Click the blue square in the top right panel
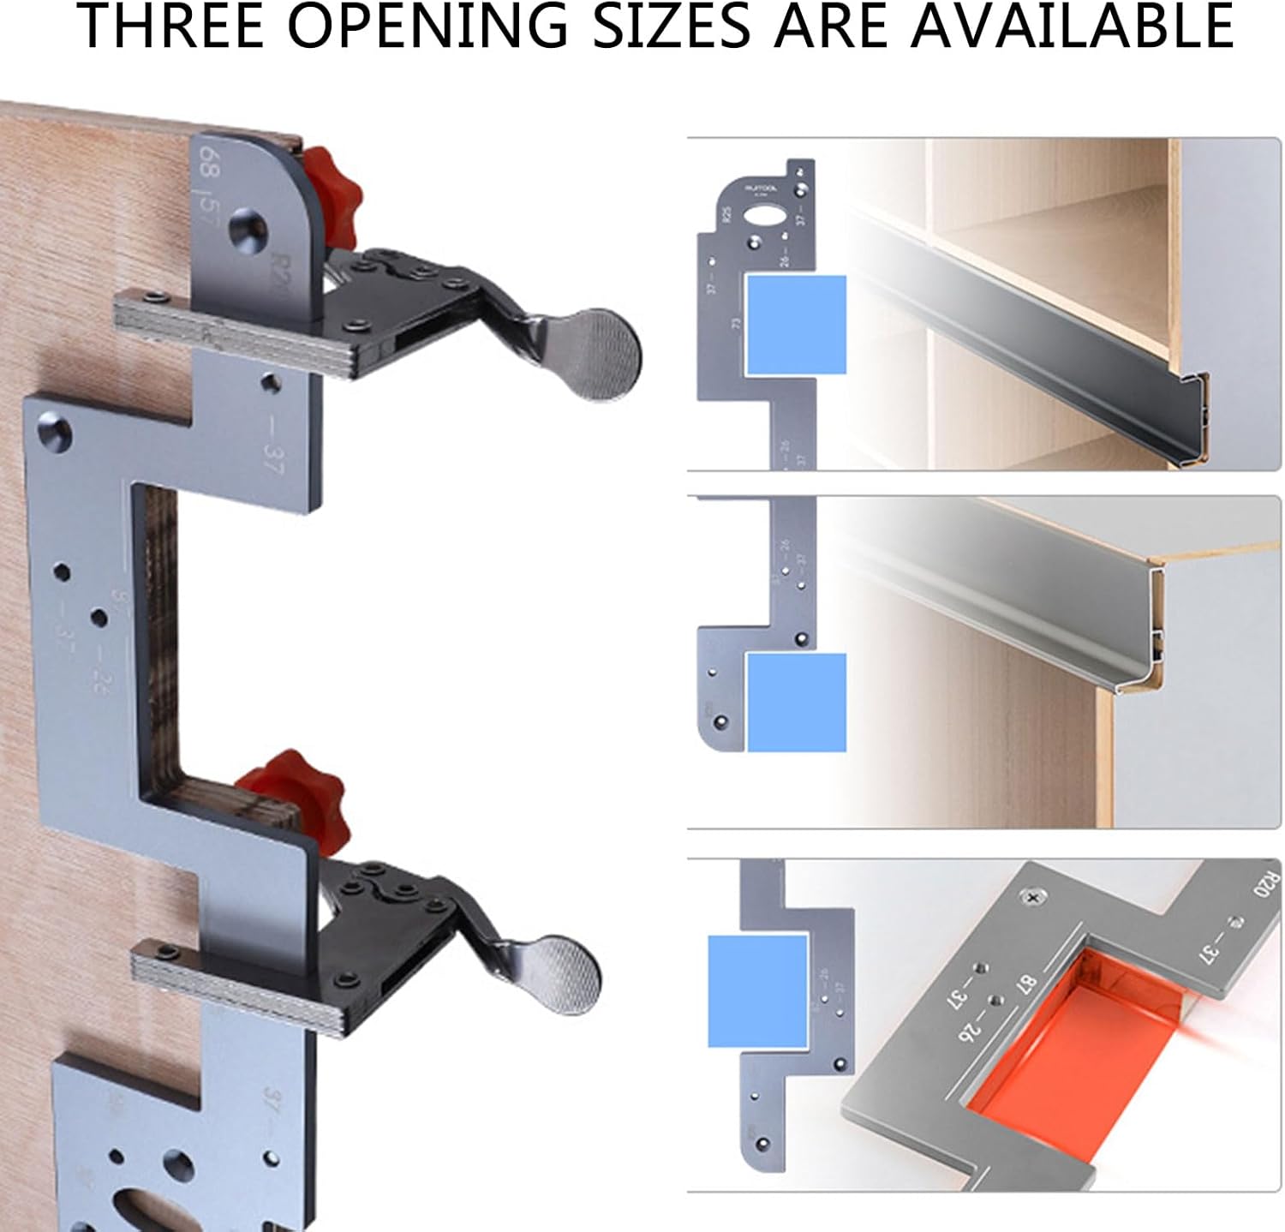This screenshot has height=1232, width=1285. click(x=796, y=325)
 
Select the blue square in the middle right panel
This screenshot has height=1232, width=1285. click(x=796, y=703)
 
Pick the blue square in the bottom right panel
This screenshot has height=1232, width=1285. click(x=757, y=990)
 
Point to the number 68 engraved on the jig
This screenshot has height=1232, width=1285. click(x=209, y=162)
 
